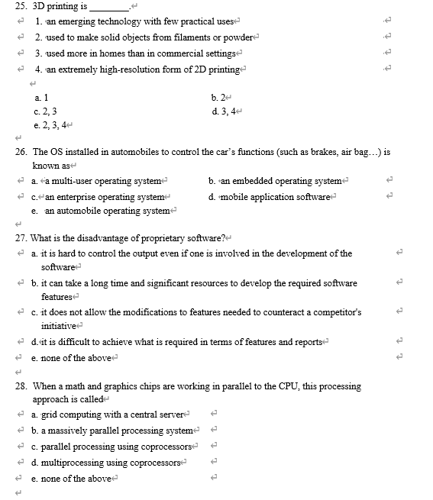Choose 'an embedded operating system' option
pos(278,181)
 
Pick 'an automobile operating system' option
pos(108,211)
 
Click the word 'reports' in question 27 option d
pos(309,342)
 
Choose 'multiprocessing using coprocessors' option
pos(112,463)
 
